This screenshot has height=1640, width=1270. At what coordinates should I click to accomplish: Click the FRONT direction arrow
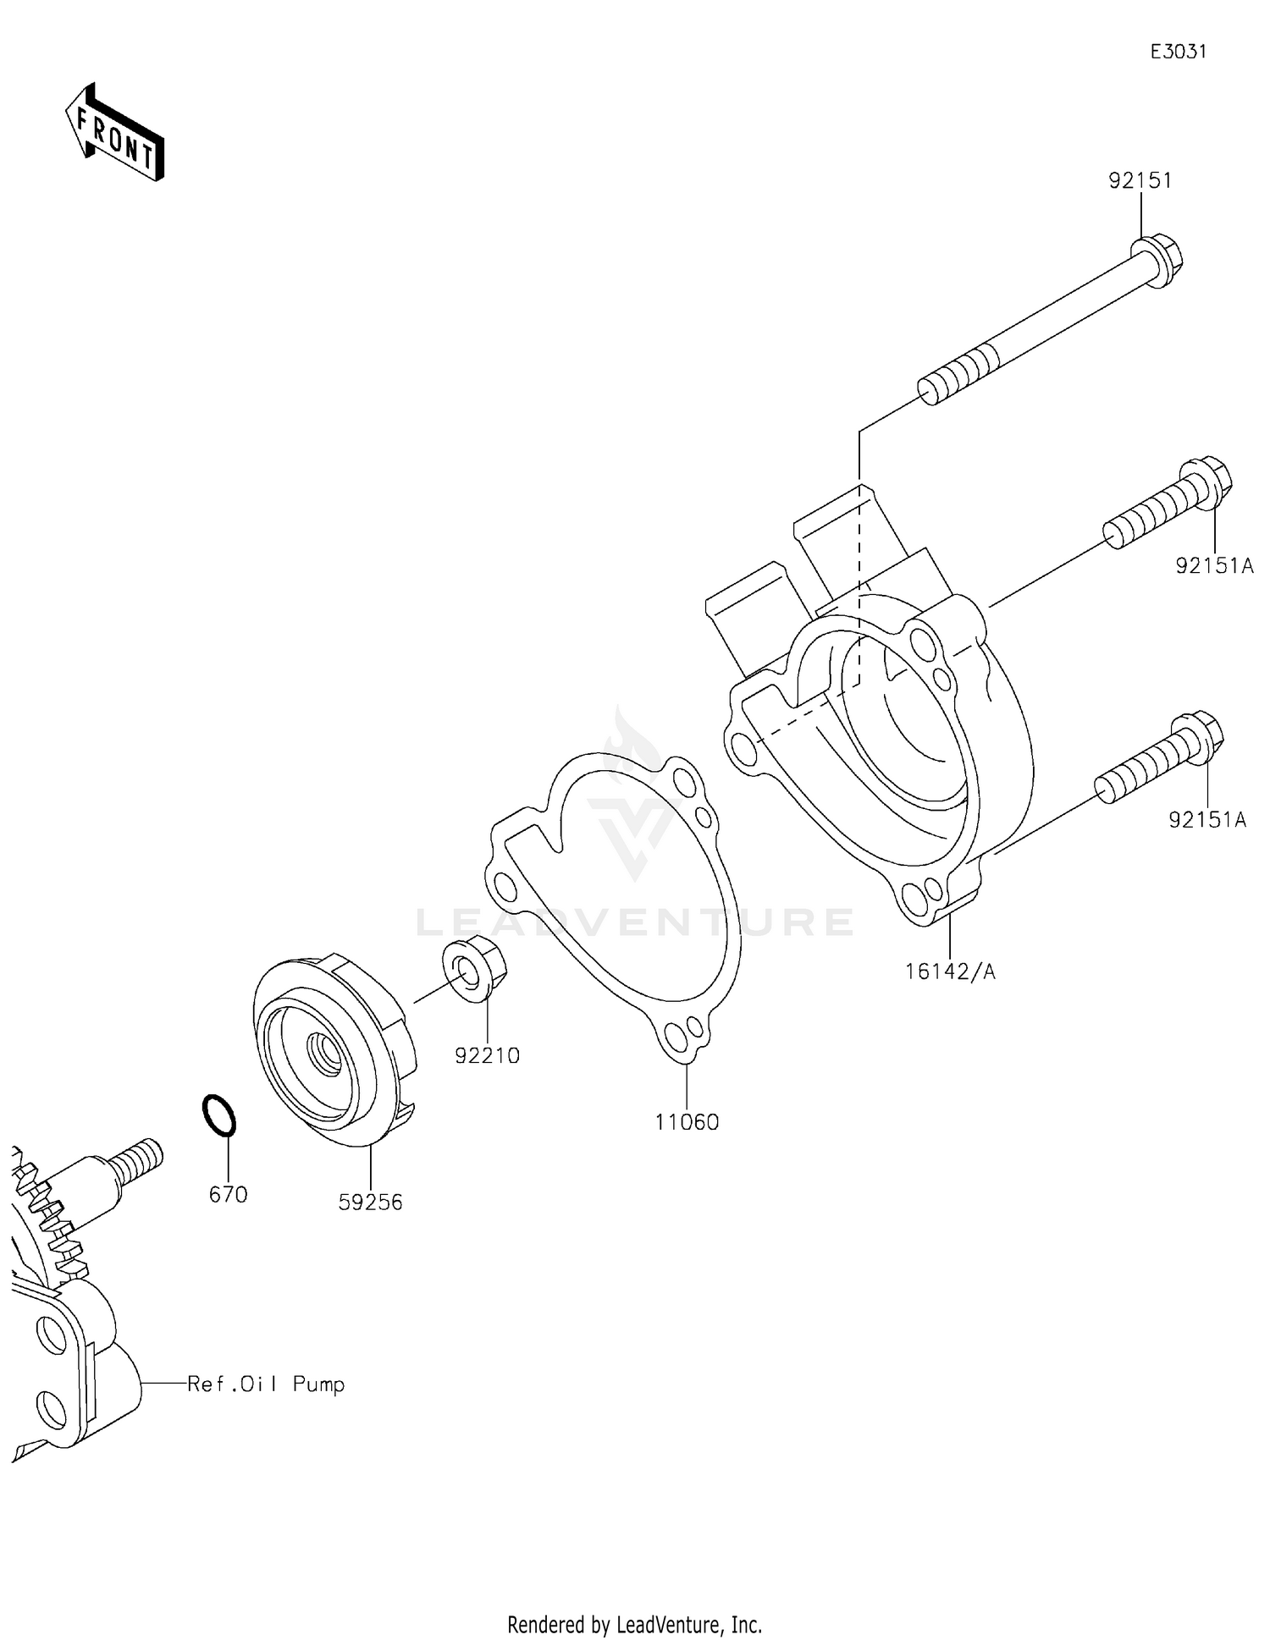(x=114, y=134)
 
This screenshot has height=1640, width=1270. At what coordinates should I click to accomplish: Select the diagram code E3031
(x=1178, y=52)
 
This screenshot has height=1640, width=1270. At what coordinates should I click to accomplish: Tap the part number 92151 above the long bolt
(x=1140, y=180)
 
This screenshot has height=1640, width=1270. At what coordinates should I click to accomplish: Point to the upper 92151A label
(x=1214, y=565)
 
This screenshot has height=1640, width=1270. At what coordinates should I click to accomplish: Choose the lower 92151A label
(x=1207, y=819)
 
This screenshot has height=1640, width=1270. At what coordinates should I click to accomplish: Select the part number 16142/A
(x=950, y=971)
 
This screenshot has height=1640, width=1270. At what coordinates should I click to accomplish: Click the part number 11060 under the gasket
(x=687, y=1122)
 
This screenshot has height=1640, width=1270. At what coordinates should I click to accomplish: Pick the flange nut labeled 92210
(x=474, y=970)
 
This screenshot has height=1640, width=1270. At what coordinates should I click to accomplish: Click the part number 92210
(x=487, y=1055)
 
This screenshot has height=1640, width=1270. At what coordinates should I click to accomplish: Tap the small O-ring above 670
(x=219, y=1116)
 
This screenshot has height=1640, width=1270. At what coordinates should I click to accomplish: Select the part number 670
(x=228, y=1194)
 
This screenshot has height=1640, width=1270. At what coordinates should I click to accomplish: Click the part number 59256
(x=370, y=1202)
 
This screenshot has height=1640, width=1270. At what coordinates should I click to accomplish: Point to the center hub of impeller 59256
(x=326, y=1054)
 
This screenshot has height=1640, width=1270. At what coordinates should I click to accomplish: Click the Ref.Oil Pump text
(x=266, y=1384)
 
